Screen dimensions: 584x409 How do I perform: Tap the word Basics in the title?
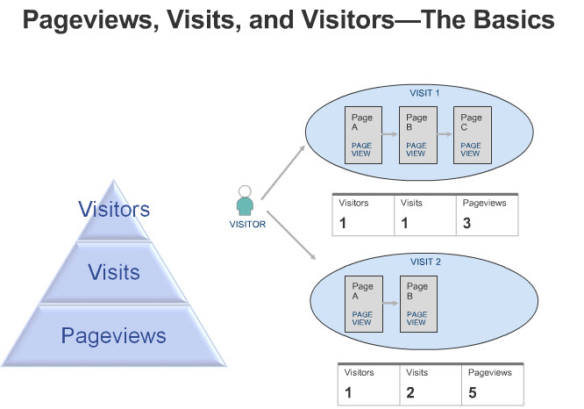tap(514, 19)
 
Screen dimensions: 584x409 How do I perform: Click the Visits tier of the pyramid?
tap(114, 272)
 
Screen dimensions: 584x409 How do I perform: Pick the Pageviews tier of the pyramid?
tap(114, 335)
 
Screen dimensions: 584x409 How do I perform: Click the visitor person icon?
tap(245, 201)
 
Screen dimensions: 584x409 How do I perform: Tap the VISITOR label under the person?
tap(247, 224)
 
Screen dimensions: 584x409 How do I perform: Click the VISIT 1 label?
tap(424, 93)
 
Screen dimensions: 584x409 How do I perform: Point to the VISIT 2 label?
tap(425, 262)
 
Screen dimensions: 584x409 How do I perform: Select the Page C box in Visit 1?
tap(473, 135)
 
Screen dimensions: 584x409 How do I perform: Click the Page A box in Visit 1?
tap(363, 135)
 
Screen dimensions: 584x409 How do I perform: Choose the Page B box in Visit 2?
tap(418, 304)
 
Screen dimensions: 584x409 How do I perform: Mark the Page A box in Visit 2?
tap(364, 304)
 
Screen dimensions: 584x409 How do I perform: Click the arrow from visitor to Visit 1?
tap(283, 173)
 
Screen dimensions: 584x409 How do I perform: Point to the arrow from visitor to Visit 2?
tap(291, 235)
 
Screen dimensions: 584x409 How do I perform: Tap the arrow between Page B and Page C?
tap(445, 134)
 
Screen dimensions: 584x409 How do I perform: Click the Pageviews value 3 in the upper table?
tap(466, 223)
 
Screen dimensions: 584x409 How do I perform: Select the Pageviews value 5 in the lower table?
tap(473, 392)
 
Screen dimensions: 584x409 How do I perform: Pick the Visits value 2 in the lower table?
tap(410, 392)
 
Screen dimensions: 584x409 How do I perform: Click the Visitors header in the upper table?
tap(353, 203)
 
